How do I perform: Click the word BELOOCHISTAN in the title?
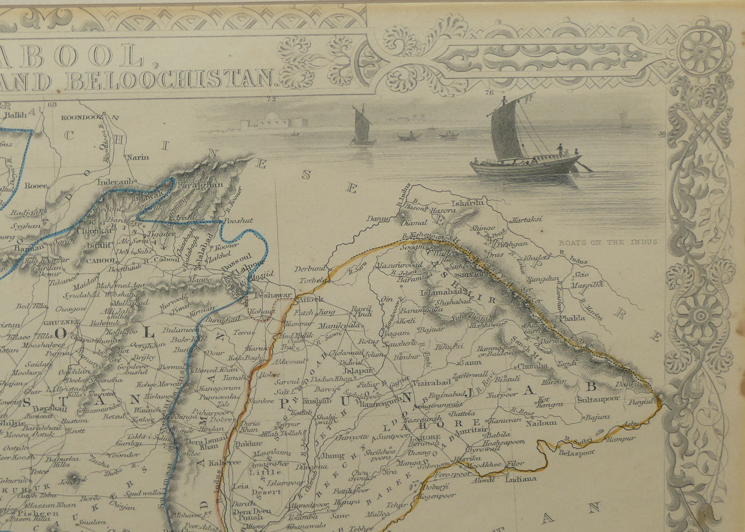(x=172, y=80)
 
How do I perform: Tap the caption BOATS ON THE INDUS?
(x=607, y=242)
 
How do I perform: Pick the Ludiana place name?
(x=521, y=479)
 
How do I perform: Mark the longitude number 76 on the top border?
(x=489, y=92)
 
